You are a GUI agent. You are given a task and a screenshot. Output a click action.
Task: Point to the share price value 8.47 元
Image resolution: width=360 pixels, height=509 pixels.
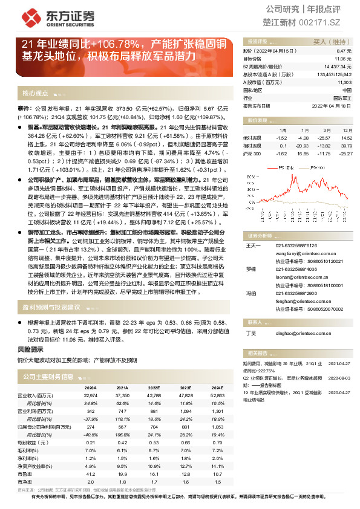[x=344, y=52]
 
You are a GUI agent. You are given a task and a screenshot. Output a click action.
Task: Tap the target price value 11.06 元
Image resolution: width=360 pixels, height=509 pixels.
[x=342, y=59]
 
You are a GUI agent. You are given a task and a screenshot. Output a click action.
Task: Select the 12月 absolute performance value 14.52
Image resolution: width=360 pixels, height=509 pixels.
[x=346, y=138]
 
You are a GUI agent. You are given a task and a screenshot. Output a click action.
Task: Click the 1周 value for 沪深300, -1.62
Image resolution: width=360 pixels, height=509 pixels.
[x=283, y=154]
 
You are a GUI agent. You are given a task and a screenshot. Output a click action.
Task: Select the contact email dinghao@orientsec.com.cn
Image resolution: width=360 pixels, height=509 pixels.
[x=295, y=332]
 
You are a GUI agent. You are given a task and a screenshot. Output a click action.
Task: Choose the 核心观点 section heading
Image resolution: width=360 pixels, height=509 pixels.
[x=36, y=94]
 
